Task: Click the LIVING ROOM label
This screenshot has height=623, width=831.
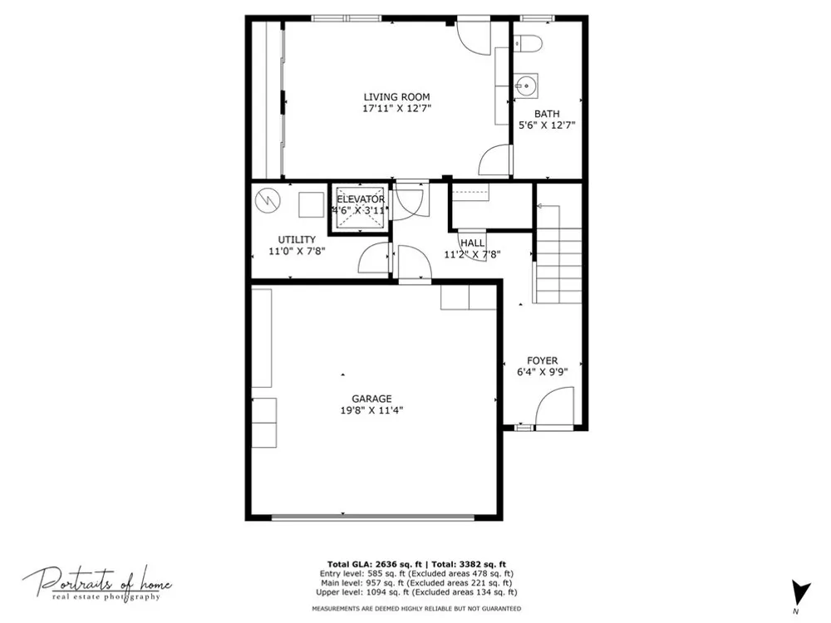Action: pyautogui.click(x=396, y=97)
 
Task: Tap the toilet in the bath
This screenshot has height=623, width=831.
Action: pyautogui.click(x=528, y=43)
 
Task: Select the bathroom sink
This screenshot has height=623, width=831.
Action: pyautogui.click(x=526, y=86)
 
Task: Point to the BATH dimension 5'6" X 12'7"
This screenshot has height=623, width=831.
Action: pyautogui.click(x=547, y=125)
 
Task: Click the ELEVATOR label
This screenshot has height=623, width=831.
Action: pyautogui.click(x=361, y=199)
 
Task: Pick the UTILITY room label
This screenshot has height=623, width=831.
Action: pyautogui.click(x=297, y=239)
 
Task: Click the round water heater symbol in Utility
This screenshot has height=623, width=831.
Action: pyautogui.click(x=268, y=201)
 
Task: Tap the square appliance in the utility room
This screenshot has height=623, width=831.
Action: pyautogui.click(x=311, y=204)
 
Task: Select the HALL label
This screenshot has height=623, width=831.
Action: pyautogui.click(x=472, y=243)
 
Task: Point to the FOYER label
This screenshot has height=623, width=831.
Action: pyautogui.click(x=542, y=361)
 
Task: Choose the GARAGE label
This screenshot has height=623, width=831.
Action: pyautogui.click(x=372, y=399)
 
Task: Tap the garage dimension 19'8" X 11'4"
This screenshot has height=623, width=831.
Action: pyautogui.click(x=372, y=410)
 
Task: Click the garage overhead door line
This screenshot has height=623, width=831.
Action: pyautogui.click(x=373, y=517)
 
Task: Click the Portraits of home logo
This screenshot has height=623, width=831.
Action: pyautogui.click(x=97, y=584)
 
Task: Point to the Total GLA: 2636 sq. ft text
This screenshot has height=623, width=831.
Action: pyautogui.click(x=376, y=564)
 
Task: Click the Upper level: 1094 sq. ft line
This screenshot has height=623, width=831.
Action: pyautogui.click(x=416, y=592)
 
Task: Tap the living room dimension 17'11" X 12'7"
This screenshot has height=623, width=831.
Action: pyautogui.click(x=397, y=109)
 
